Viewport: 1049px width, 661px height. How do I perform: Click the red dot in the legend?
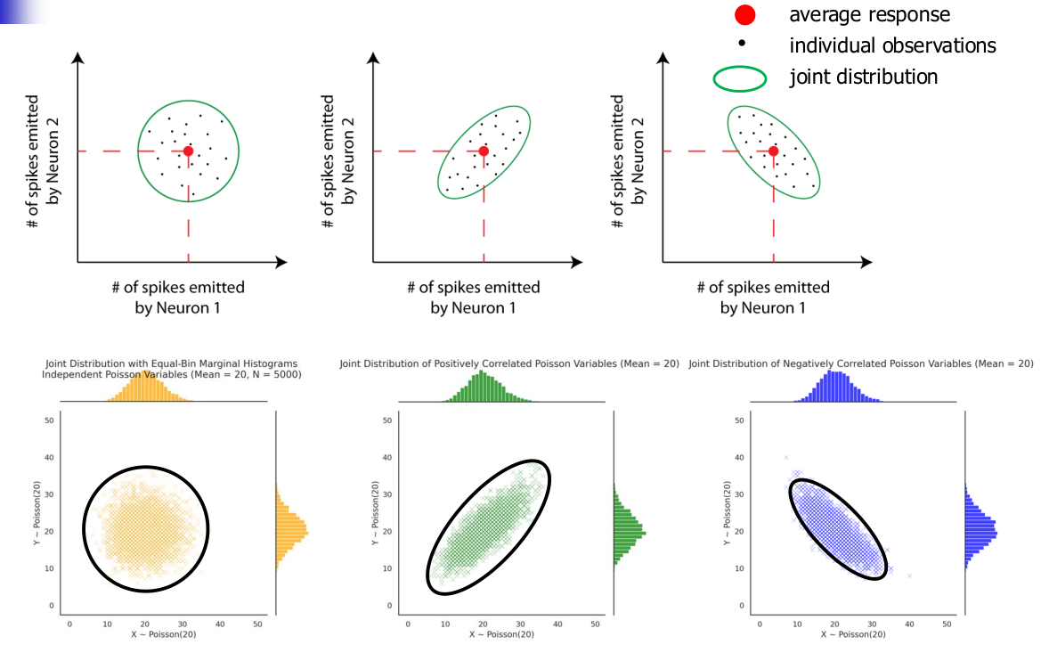[745, 15]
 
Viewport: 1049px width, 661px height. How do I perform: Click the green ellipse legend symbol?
[740, 79]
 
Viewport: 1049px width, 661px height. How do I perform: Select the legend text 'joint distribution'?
[863, 77]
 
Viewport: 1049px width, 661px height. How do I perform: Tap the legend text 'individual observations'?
[892, 45]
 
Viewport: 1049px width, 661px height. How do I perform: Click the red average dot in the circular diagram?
[188, 151]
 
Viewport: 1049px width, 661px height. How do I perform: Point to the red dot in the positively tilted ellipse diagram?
[484, 151]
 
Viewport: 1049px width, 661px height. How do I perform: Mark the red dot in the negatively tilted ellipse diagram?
[773, 151]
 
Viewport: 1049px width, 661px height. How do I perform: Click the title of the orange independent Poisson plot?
[170, 369]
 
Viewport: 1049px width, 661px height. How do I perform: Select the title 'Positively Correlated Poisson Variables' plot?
[509, 363]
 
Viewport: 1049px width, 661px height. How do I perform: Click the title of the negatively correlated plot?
[861, 363]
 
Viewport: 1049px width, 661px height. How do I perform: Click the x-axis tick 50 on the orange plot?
[257, 624]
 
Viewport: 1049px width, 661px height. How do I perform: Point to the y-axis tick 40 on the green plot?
[389, 458]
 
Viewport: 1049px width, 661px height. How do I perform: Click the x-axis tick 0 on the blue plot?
[759, 624]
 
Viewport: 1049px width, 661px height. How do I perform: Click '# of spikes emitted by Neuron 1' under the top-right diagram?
[763, 298]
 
